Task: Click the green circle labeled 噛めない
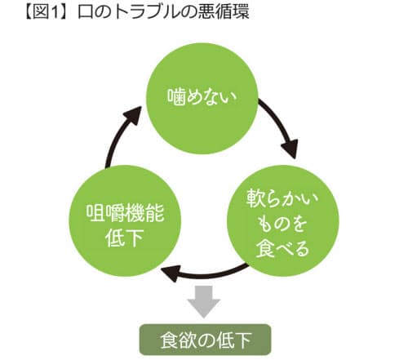(x=202, y=98)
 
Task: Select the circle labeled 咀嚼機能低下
(x=125, y=220)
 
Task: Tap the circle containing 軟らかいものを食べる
(x=283, y=220)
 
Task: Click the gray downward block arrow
(x=204, y=301)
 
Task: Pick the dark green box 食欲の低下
(x=206, y=340)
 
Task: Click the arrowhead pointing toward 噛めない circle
(x=133, y=115)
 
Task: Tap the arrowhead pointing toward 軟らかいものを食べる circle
(x=290, y=149)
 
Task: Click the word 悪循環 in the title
(x=224, y=12)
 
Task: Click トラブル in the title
(x=146, y=12)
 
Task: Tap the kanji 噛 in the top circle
(x=175, y=97)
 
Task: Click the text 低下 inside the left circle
(x=124, y=237)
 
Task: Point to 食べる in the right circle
(x=282, y=248)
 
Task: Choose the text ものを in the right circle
(x=282, y=224)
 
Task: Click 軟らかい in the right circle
(x=282, y=200)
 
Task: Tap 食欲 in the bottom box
(x=177, y=340)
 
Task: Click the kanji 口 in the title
(x=86, y=12)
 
